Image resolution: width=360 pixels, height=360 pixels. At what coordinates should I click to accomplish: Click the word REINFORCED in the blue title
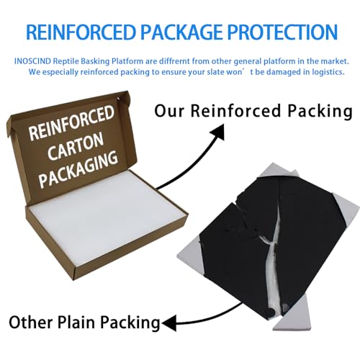tap(81, 32)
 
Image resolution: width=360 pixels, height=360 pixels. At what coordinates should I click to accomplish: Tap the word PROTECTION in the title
tap(282, 32)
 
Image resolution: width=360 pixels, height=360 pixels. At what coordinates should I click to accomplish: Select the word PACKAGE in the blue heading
tap(181, 32)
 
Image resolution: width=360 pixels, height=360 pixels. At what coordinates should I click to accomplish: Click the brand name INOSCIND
tap(32, 61)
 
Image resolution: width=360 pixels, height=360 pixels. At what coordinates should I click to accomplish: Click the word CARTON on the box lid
tap(75, 147)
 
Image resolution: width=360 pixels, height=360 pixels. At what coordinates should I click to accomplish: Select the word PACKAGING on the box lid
tap(78, 169)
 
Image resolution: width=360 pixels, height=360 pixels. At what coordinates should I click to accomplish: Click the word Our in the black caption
tap(169, 111)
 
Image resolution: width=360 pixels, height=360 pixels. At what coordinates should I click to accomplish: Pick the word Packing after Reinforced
tap(320, 112)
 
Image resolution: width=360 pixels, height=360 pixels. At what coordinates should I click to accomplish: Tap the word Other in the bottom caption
tap(31, 322)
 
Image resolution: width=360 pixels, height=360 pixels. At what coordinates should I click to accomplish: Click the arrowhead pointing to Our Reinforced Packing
tap(218, 132)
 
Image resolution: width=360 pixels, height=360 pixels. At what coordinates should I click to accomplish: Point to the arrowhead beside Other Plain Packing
tap(169, 323)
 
